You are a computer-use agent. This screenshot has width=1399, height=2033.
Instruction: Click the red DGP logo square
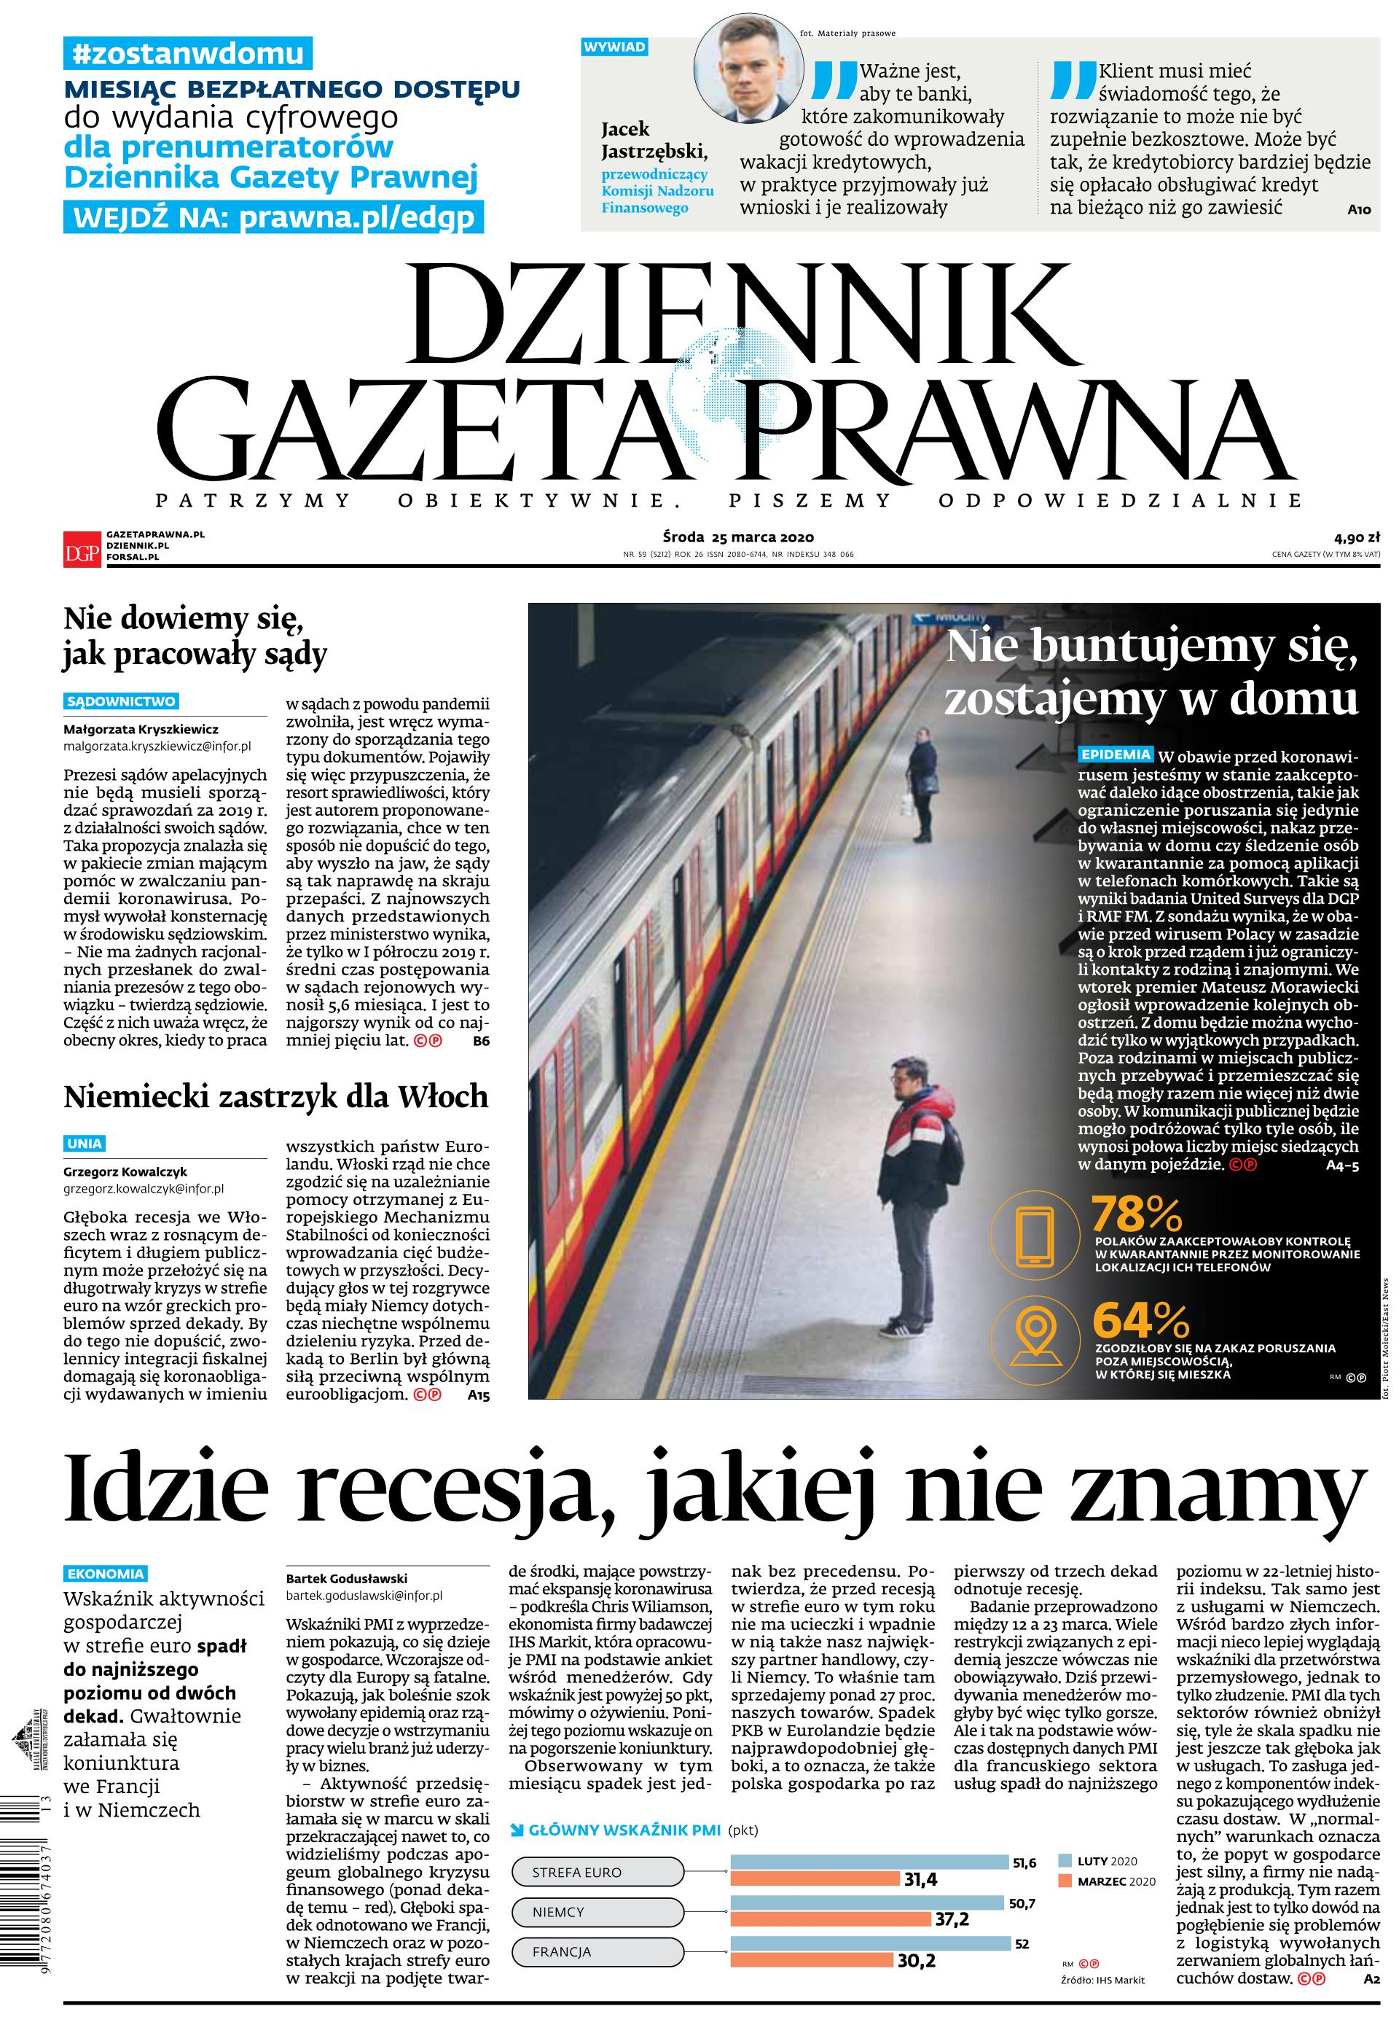coord(82,549)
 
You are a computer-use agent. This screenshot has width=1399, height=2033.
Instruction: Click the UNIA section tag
coord(85,1143)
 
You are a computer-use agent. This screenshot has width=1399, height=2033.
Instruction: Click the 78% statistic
coord(1136,1215)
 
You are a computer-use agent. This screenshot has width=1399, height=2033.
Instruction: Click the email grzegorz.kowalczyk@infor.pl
coord(143,1189)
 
